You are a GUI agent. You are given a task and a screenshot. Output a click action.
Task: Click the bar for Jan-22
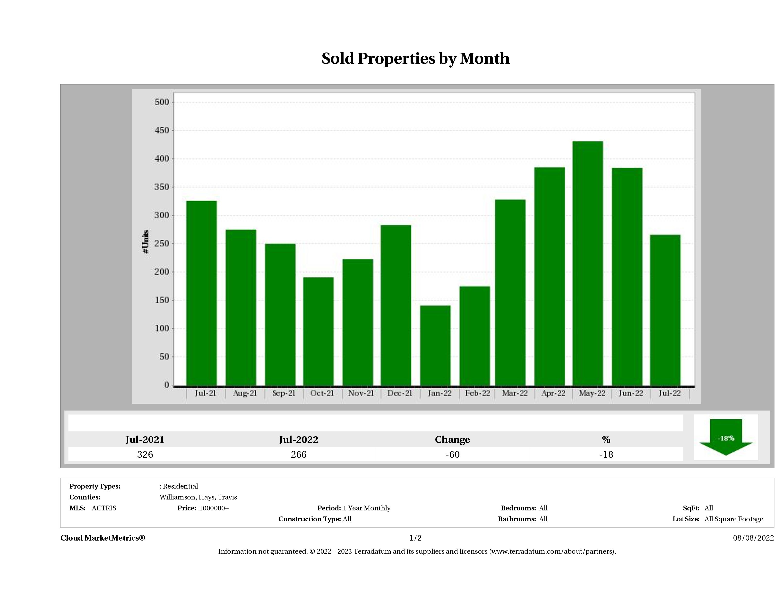pos(435,345)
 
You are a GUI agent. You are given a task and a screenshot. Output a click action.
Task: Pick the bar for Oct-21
pos(318,331)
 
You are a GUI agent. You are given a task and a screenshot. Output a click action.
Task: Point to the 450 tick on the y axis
pos(162,131)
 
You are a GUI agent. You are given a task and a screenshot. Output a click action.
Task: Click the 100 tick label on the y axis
pos(162,328)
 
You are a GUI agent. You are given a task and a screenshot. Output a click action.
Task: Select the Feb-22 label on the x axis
pos(477,393)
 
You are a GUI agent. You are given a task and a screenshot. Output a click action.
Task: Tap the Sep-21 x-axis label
pos(284,393)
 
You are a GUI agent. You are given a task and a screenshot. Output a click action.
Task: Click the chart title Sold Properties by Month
pos(415,59)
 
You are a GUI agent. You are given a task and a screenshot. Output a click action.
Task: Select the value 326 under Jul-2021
pos(145,455)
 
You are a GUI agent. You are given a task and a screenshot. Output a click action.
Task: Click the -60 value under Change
pos(452,455)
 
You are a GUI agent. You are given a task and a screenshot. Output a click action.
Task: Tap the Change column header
pos(452,440)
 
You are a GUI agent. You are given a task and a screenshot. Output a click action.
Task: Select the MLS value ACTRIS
pos(104,508)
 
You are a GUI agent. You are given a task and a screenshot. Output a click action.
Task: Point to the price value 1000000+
pos(214,508)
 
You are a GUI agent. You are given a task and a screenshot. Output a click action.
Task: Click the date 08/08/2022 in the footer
pos(753,538)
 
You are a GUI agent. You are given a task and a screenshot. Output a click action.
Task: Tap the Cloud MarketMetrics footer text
pos(103,538)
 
